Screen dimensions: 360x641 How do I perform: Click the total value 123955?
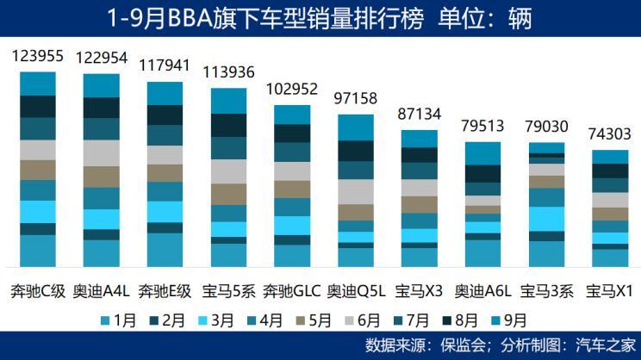pos(37,57)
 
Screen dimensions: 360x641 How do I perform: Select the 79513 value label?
pos(483,127)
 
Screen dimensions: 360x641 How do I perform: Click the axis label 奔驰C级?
pos(37,291)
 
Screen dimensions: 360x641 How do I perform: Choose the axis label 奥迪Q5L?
pos(356,291)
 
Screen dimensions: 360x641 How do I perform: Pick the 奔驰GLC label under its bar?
pos(292,291)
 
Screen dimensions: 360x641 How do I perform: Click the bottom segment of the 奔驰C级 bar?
pos(37,251)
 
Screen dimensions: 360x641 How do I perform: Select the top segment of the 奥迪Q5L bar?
pos(356,127)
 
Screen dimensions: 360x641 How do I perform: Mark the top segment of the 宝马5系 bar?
pos(228,100)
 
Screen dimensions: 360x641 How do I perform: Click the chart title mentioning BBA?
pos(320,17)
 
